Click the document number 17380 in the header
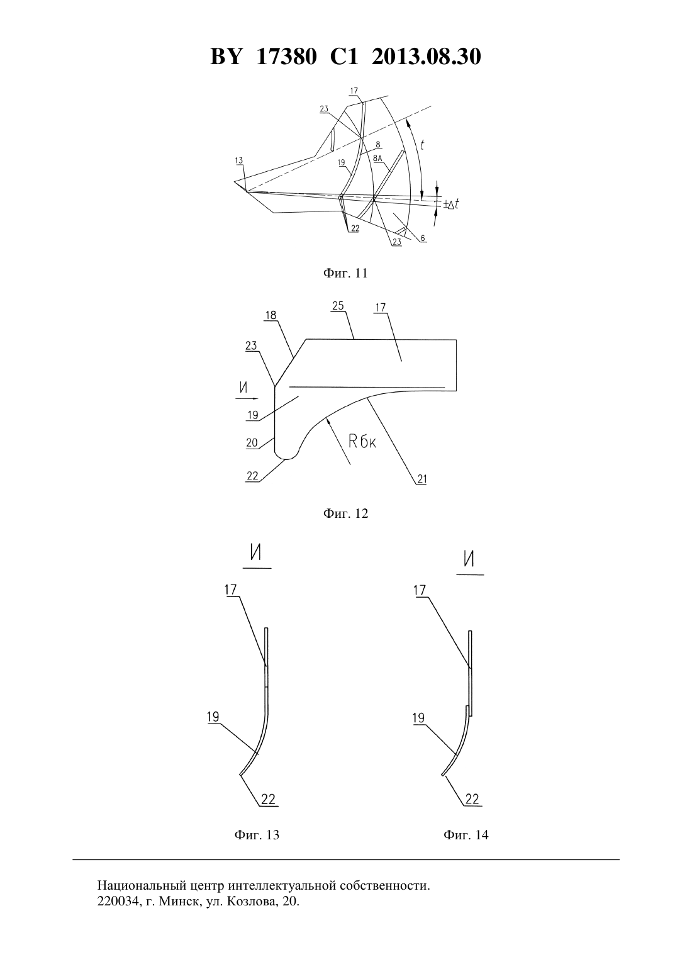click(286, 57)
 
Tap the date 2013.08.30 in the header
click(427, 57)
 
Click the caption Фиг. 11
click(345, 273)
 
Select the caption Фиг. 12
click(345, 513)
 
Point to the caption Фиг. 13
click(257, 835)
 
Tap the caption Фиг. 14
click(466, 835)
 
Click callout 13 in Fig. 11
click(239, 161)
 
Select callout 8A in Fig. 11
click(378, 160)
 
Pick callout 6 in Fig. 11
click(423, 238)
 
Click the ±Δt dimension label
click(451, 204)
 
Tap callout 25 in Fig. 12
click(338, 306)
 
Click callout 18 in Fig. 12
click(271, 316)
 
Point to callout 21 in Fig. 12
click(421, 479)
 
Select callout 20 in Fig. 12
click(252, 443)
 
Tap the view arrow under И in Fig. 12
click(248, 398)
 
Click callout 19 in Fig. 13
click(213, 717)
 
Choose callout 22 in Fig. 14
click(472, 799)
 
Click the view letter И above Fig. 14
click(469, 559)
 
